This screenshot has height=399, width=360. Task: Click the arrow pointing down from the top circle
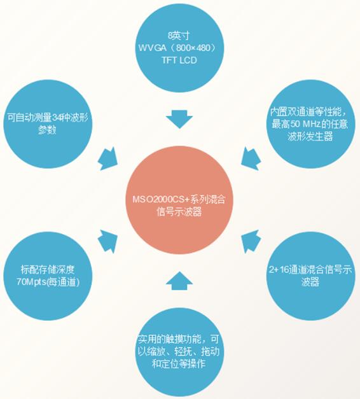coord(179,119)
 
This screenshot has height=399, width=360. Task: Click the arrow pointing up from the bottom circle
coord(179,281)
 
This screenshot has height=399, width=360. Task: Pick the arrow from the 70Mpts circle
coord(108,241)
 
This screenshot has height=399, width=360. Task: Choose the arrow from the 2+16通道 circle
coord(251,241)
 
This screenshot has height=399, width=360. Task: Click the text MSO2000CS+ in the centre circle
coord(161,199)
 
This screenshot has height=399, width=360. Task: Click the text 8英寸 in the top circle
coord(179,36)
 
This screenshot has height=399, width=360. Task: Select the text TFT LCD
coord(179,60)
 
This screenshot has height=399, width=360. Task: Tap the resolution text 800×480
coord(195,48)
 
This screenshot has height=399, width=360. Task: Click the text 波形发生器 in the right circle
coord(310,137)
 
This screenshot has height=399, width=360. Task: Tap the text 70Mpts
coord(32,282)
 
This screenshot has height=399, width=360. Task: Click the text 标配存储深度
coord(48,269)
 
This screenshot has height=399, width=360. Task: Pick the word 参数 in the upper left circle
coord(47,130)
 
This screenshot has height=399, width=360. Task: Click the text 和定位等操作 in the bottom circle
coord(179,363)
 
